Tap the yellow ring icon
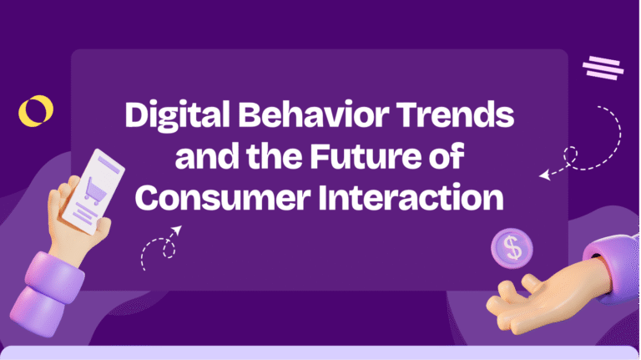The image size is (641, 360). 36,110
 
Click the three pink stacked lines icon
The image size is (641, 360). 603,67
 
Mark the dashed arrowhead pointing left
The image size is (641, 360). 545,175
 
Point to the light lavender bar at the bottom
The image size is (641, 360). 320,353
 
